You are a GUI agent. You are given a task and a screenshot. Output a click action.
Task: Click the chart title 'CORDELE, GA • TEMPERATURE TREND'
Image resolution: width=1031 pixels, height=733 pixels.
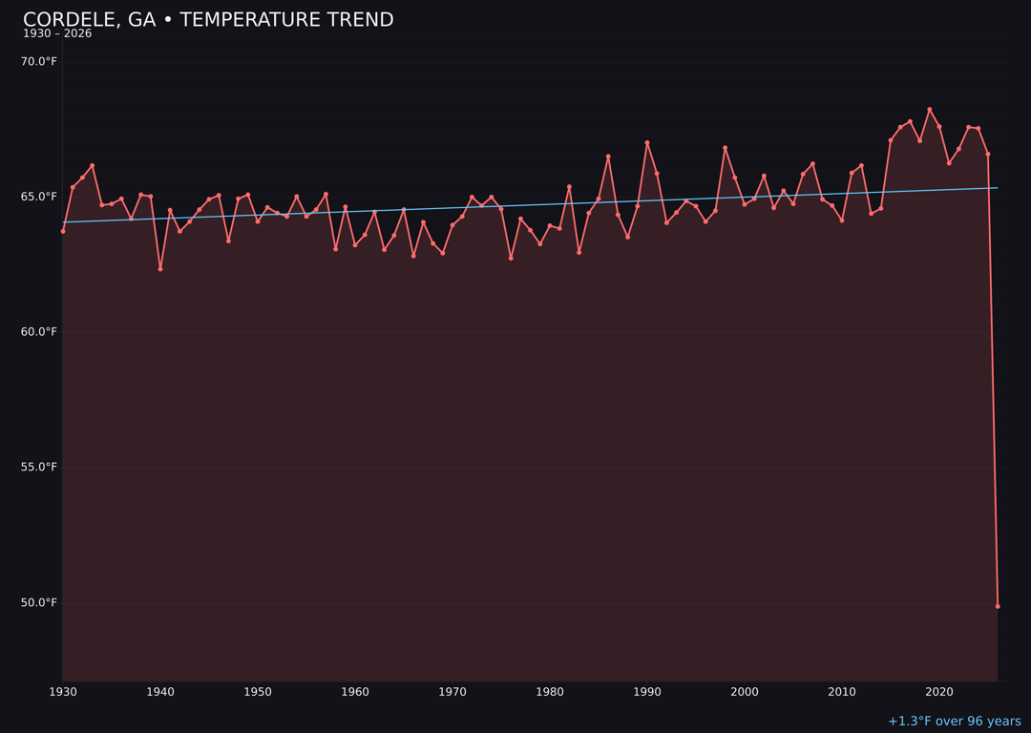tap(208, 20)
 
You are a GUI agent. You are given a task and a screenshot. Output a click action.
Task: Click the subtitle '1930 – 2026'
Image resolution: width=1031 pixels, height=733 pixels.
tap(57, 34)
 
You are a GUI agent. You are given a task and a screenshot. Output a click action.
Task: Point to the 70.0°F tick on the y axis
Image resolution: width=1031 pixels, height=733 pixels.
tap(40, 62)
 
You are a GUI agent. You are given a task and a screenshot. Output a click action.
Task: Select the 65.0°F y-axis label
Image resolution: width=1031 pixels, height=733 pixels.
tap(40, 197)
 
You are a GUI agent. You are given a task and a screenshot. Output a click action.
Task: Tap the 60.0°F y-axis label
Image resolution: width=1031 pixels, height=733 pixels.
tap(40, 332)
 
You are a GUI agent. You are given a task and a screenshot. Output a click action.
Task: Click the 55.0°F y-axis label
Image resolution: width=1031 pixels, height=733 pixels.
tap(40, 467)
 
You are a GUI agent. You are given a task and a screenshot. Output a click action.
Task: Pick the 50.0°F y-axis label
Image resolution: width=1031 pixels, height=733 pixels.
tap(40, 602)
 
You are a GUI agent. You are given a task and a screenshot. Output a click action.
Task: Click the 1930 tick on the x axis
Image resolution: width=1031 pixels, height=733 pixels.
tap(63, 692)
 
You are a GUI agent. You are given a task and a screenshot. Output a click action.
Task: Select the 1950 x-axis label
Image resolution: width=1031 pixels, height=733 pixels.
tap(258, 692)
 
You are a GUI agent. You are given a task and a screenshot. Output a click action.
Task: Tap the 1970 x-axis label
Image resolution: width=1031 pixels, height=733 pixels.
tap(452, 692)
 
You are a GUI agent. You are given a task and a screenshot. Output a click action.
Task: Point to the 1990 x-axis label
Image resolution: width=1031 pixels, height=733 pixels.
tap(647, 692)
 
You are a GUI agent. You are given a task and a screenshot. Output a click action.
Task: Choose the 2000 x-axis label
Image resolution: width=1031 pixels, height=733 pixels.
tap(745, 692)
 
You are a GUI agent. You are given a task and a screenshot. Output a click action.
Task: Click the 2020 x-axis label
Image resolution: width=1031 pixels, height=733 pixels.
tap(939, 692)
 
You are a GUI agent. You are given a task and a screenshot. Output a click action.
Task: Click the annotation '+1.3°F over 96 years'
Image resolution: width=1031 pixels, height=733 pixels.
tap(954, 722)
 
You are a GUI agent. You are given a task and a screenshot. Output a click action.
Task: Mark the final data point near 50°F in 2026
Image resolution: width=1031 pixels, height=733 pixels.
tap(998, 606)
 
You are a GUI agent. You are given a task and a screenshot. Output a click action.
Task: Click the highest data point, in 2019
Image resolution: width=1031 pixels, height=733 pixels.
tap(930, 110)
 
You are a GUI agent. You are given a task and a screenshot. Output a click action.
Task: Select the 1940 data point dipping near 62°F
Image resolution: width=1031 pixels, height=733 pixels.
tap(160, 269)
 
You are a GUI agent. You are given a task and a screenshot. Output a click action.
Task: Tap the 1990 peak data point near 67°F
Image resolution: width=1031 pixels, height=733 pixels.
tap(647, 143)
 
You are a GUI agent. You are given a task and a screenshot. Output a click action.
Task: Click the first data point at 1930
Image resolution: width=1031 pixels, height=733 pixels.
tap(63, 231)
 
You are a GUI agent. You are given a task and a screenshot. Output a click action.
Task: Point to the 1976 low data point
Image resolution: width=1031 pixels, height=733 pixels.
tap(511, 259)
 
